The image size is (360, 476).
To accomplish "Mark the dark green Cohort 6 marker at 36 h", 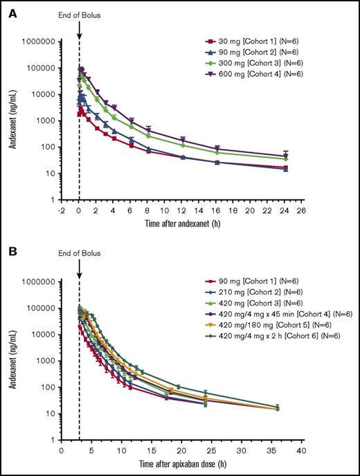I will (x=278, y=407).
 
